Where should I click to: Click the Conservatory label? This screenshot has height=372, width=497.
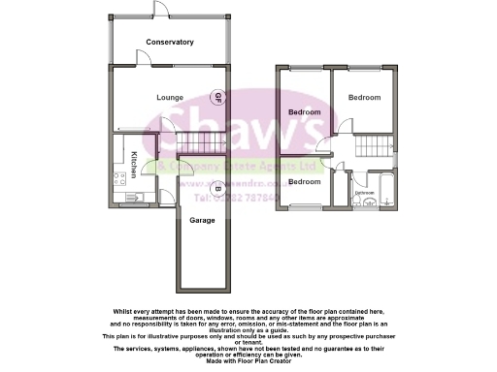click(170, 42)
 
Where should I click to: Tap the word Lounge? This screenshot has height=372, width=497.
click(171, 98)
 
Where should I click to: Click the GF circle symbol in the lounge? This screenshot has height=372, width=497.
click(218, 98)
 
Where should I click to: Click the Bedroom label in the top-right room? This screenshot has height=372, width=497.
click(365, 98)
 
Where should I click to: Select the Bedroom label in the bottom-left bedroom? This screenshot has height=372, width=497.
click(304, 182)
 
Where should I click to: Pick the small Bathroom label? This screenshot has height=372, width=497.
click(365, 193)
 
